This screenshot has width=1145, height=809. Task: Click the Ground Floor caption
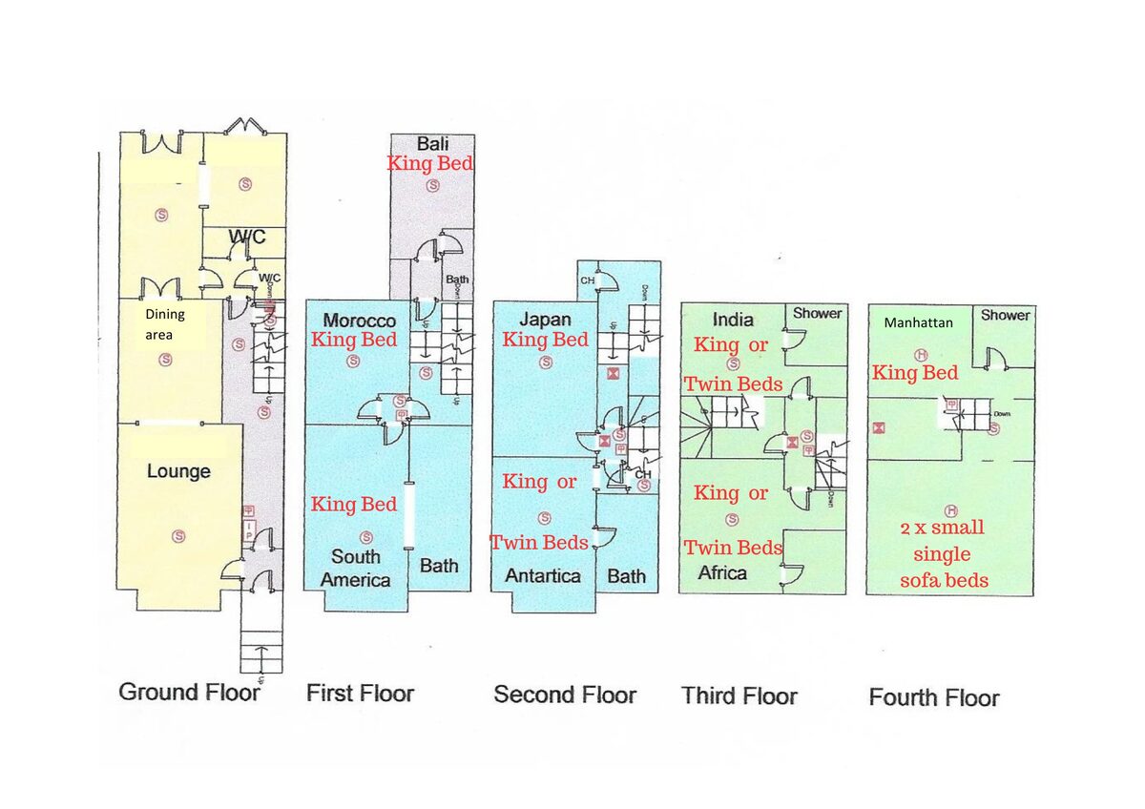tap(189, 693)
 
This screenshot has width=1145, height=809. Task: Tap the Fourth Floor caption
tap(933, 697)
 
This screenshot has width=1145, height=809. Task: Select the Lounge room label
tap(178, 471)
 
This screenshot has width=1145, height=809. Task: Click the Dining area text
tap(165, 322)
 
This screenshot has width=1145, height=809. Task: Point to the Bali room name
tap(433, 144)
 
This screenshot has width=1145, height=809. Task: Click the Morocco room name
tap(359, 321)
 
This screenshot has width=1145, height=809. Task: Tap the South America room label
tap(355, 568)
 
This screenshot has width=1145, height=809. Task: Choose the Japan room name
tap(546, 319)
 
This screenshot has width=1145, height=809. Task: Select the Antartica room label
tap(542, 575)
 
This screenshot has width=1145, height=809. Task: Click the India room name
tap(733, 319)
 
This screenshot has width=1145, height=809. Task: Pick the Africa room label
tap(722, 572)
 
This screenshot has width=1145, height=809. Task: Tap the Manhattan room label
tap(918, 323)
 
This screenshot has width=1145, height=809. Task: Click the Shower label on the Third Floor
tap(818, 314)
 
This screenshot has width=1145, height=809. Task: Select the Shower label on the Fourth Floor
tap(1006, 315)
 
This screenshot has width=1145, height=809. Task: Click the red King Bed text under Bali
tap(430, 163)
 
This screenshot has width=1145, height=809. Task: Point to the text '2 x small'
tap(941, 528)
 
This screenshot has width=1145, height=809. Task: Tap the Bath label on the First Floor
tap(439, 566)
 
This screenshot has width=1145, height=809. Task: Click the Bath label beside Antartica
tap(627, 575)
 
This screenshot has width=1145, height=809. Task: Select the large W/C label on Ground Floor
tap(246, 237)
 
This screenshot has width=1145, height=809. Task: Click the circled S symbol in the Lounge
tap(178, 536)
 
